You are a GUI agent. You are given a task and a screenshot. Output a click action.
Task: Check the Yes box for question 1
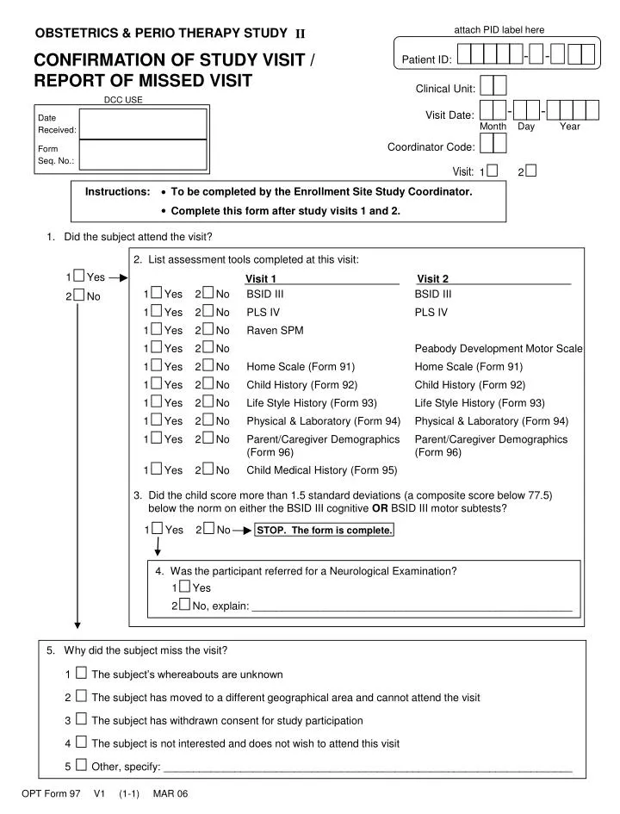79,277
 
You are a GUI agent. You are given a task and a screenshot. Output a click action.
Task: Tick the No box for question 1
79,295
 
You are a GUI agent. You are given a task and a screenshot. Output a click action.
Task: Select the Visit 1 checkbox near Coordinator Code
492,171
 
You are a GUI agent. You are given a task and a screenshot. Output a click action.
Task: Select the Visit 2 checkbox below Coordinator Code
530,171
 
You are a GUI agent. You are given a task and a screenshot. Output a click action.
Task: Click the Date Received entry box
143,123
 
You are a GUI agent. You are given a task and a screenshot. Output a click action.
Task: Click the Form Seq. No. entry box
143,154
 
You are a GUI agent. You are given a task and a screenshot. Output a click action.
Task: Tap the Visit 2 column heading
433,278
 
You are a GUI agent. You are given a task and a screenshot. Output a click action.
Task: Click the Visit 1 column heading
261,278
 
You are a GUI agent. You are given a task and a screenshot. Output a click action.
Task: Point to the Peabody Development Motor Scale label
499,349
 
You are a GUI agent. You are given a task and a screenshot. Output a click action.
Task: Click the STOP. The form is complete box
325,530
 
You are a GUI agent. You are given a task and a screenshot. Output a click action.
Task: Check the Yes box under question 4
184,587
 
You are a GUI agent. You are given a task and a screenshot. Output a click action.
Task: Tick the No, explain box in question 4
184,606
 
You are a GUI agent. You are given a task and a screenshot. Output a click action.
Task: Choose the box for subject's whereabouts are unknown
81,674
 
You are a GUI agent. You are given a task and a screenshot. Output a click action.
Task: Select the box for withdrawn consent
81,719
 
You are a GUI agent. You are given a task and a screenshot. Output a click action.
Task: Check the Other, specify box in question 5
81,765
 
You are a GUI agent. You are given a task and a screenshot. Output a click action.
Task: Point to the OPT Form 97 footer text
51,794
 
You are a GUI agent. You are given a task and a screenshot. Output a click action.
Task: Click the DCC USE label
123,100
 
